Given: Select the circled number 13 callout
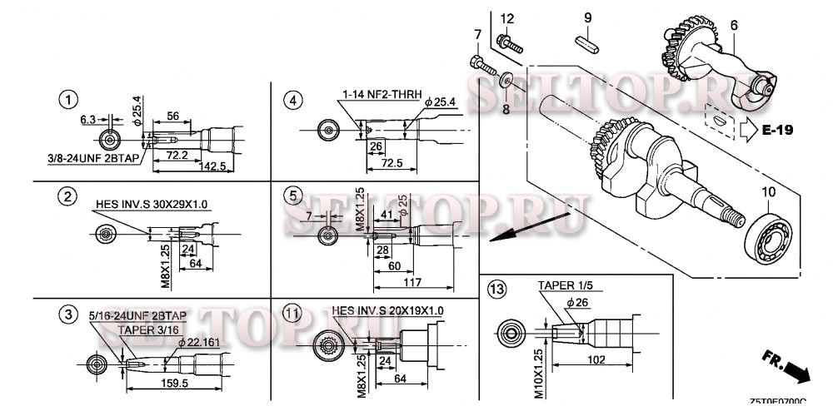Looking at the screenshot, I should point(497,290).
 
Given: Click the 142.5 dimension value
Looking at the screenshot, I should point(214,166).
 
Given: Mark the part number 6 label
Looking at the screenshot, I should point(733,25).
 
